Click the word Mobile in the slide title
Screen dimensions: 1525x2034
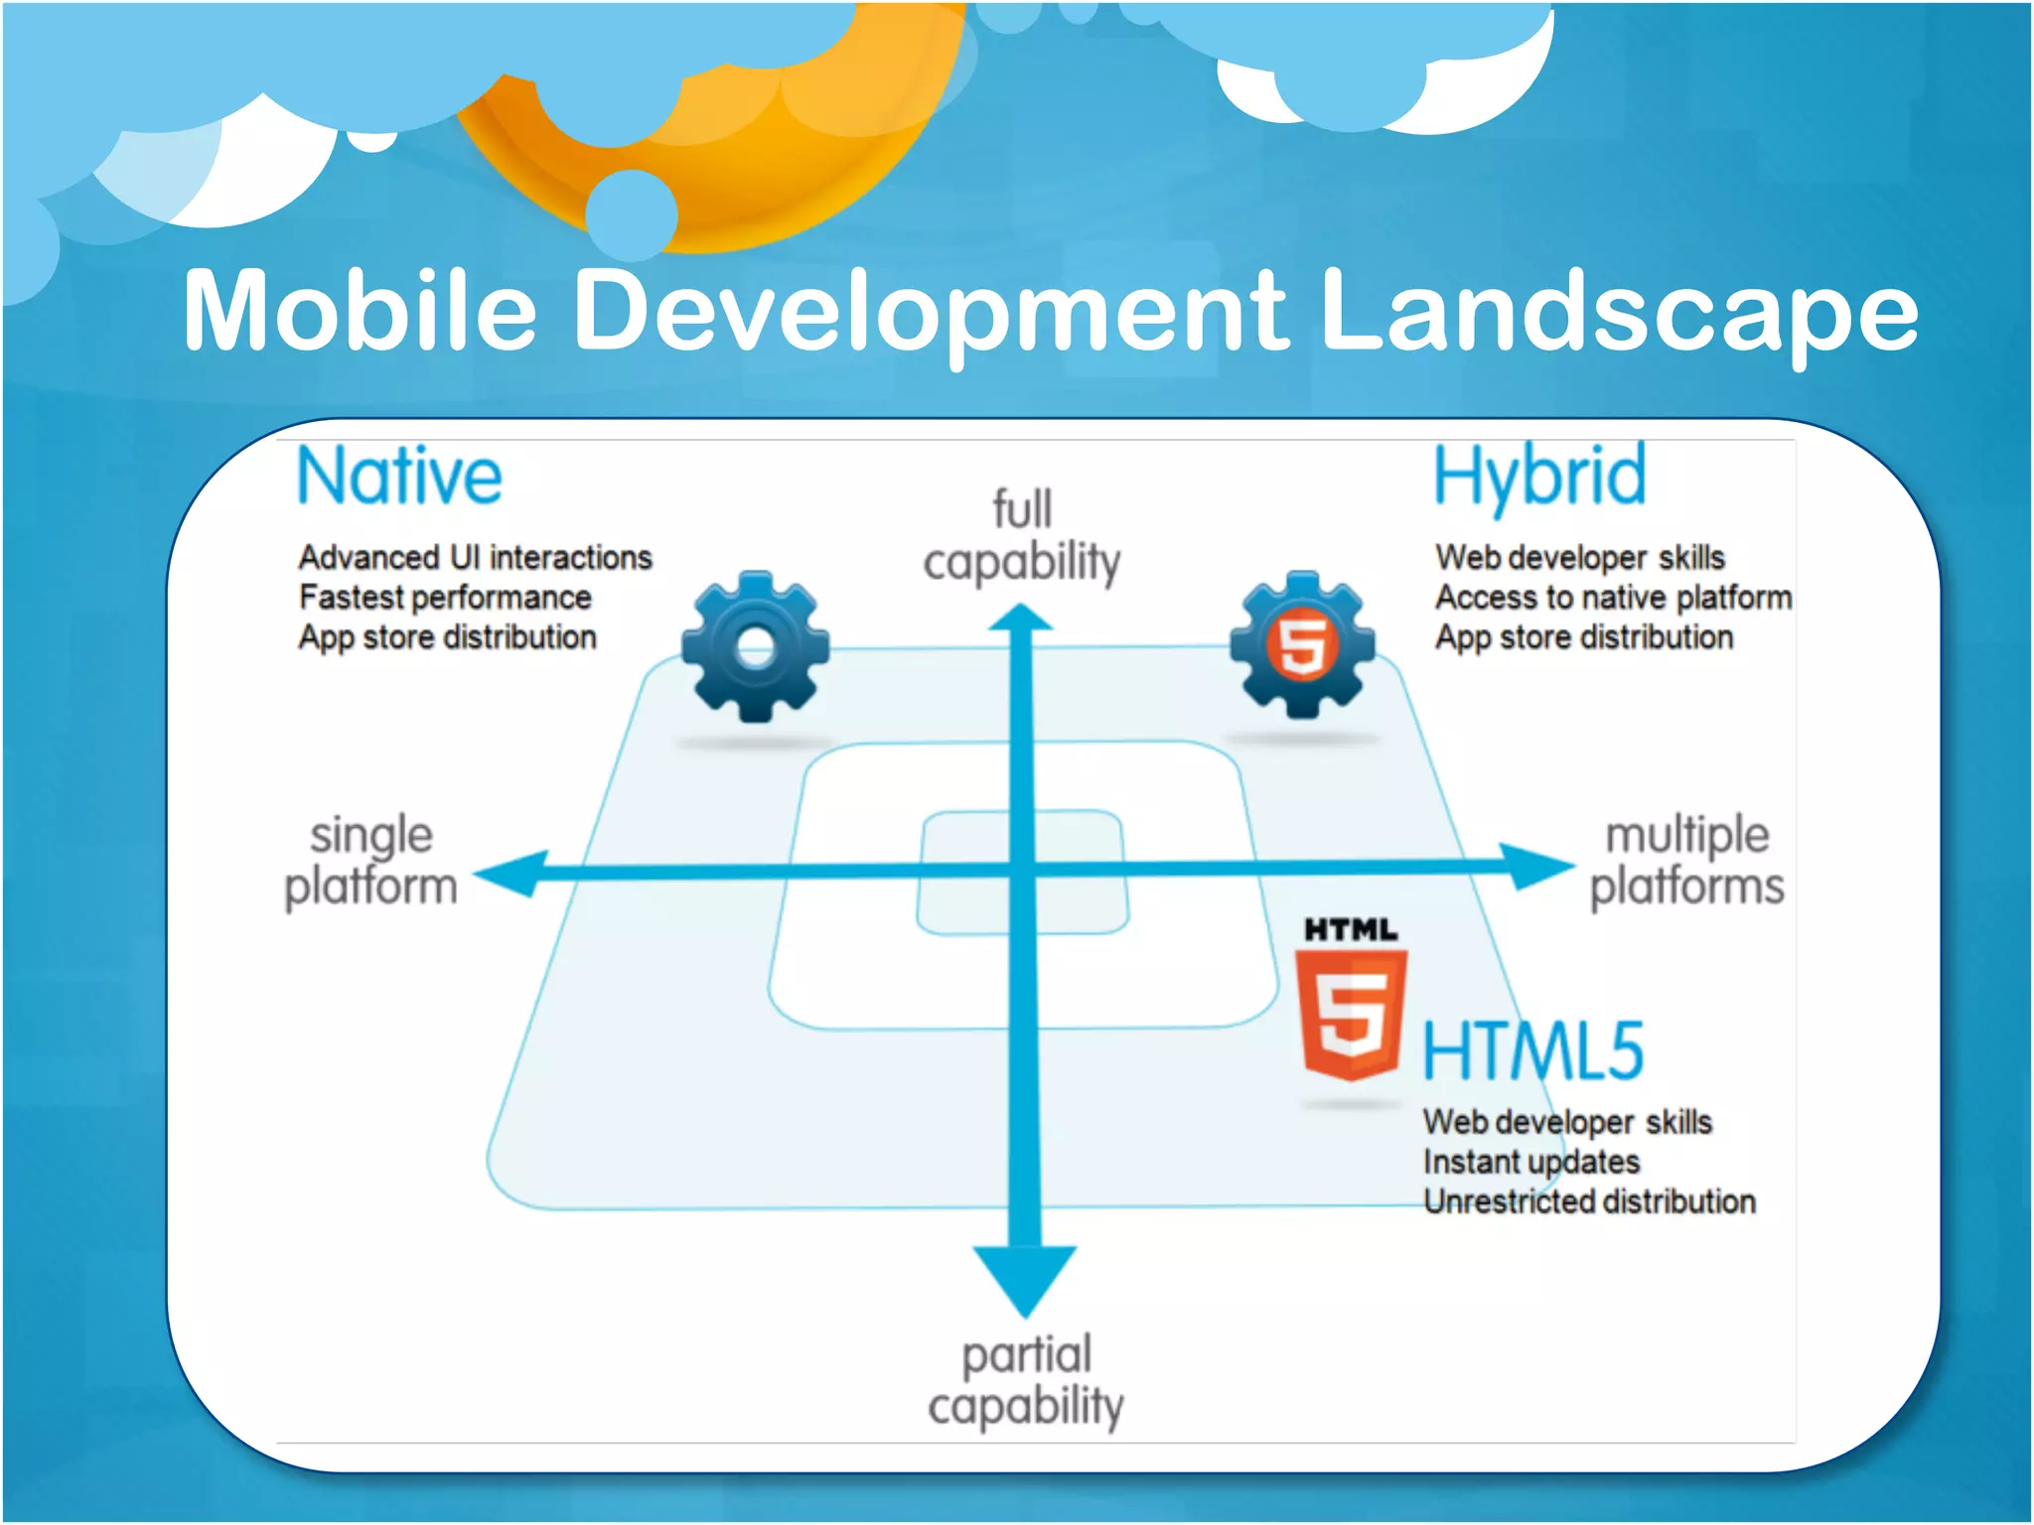click(360, 310)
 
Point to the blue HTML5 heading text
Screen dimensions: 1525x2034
click(1532, 1051)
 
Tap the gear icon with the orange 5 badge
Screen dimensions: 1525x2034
click(1302, 645)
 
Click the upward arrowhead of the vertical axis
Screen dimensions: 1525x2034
click(1021, 620)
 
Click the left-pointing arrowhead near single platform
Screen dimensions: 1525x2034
click(512, 874)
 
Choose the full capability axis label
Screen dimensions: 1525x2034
click(1022, 536)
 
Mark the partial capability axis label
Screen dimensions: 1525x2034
click(1026, 1381)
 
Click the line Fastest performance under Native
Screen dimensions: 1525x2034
click(445, 598)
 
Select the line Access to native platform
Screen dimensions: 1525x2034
click(1613, 598)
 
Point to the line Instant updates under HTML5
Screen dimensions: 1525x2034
click(1530, 1162)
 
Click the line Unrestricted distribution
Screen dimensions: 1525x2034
click(1589, 1201)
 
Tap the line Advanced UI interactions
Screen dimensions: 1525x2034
click(475, 558)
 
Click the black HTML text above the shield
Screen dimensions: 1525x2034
click(1350, 930)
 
